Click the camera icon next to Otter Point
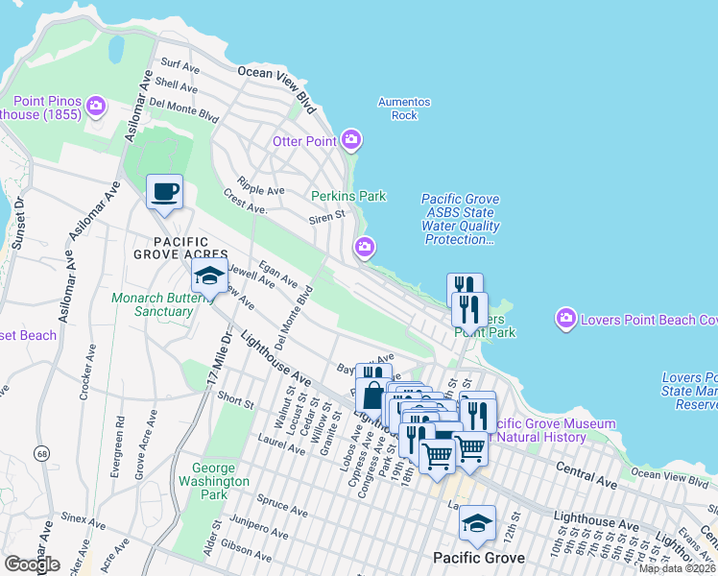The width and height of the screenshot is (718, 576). tap(351, 141)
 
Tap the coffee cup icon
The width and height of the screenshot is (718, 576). tap(164, 192)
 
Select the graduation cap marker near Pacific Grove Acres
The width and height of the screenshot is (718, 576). tap(209, 276)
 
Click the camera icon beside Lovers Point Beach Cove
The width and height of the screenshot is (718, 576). tap(566, 318)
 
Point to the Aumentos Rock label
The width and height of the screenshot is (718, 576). tap(404, 108)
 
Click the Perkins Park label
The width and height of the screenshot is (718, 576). tap(348, 196)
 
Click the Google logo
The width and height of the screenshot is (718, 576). tap(32, 564)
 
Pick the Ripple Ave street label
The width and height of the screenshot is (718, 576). tap(261, 189)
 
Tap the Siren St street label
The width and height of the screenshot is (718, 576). tap(326, 217)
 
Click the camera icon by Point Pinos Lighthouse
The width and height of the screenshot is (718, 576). tap(96, 105)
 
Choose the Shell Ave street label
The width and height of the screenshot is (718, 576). tap(182, 84)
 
